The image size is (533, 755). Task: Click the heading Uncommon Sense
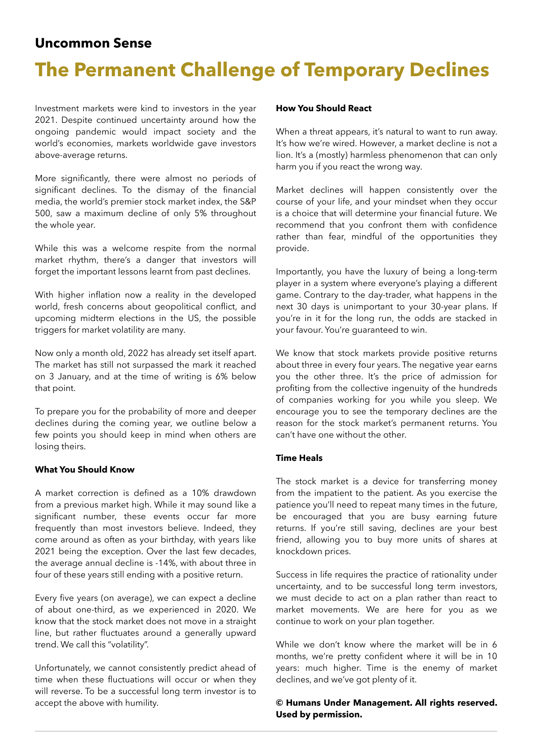pyautogui.click(x=93, y=43)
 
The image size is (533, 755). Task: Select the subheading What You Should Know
pyautogui.click(x=85, y=469)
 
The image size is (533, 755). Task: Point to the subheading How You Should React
pyautogui.click(x=323, y=108)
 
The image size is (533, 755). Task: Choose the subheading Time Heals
pyautogui.click(x=299, y=458)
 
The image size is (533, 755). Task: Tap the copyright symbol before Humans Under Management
pyautogui.click(x=279, y=703)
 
